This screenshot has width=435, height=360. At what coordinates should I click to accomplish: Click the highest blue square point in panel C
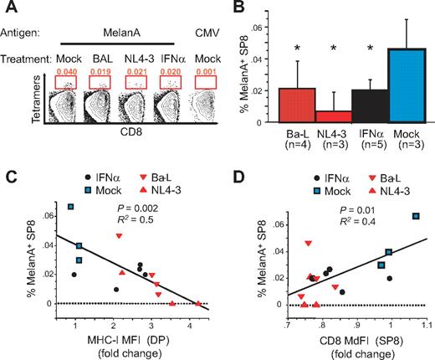(x=71, y=206)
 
